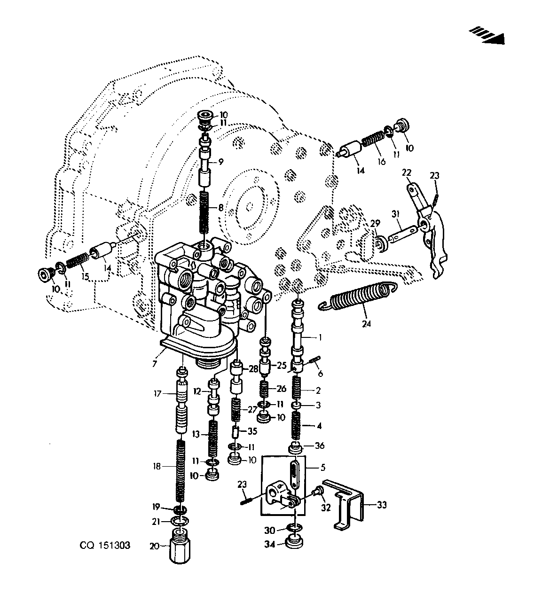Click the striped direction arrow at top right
pos(487,36)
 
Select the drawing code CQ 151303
pos(105,546)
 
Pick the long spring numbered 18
pos(181,475)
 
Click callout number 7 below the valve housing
pos(154,364)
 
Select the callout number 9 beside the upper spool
pos(220,162)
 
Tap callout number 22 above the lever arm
pos(407,172)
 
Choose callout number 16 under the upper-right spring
pos(382,162)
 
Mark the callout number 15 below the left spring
pos(85,277)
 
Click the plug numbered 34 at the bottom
pos(295,544)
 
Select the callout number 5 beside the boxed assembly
pos(323,467)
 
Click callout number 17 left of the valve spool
pos(157,393)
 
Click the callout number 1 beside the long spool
pos(320,337)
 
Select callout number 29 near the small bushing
pos(375,223)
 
